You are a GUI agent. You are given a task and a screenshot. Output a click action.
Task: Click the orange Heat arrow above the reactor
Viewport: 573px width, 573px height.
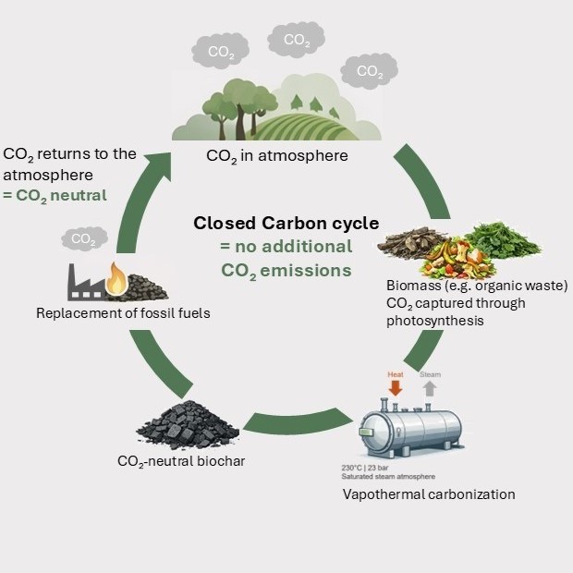[x=395, y=388]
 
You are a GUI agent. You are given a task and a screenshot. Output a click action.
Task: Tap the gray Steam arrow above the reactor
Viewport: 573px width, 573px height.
[x=430, y=388]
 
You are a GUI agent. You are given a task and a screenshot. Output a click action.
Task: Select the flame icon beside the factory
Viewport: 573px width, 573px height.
[x=116, y=279]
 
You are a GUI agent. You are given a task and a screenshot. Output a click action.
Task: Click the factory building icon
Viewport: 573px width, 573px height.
[x=86, y=283]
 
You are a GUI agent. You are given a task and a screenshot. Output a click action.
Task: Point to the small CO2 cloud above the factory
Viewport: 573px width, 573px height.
[x=84, y=238]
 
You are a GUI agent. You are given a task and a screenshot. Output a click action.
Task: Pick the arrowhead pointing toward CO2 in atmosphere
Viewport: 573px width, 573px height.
[x=158, y=165]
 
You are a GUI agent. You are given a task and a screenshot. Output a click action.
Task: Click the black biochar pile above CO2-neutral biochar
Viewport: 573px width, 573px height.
[x=188, y=425]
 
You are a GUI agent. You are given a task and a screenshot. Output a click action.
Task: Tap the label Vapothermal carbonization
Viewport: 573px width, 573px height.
[x=429, y=494]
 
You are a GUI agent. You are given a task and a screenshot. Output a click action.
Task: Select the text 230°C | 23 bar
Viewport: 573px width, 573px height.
[x=365, y=468]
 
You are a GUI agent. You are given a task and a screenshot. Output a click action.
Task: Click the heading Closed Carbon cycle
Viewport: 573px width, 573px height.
[x=286, y=224]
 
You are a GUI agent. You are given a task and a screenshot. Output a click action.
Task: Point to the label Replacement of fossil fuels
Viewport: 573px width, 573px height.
[x=123, y=313]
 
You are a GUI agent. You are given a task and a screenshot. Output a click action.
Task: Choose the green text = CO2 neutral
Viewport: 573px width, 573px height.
[x=55, y=196]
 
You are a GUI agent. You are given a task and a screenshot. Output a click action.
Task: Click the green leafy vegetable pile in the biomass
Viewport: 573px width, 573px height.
[x=502, y=240]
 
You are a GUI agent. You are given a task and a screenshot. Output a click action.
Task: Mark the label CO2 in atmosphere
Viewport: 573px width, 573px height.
[x=277, y=156]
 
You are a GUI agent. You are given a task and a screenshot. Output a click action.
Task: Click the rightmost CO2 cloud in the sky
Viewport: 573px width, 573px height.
[x=369, y=71]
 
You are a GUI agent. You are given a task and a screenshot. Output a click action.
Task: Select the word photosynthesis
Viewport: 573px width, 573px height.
[x=435, y=321]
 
